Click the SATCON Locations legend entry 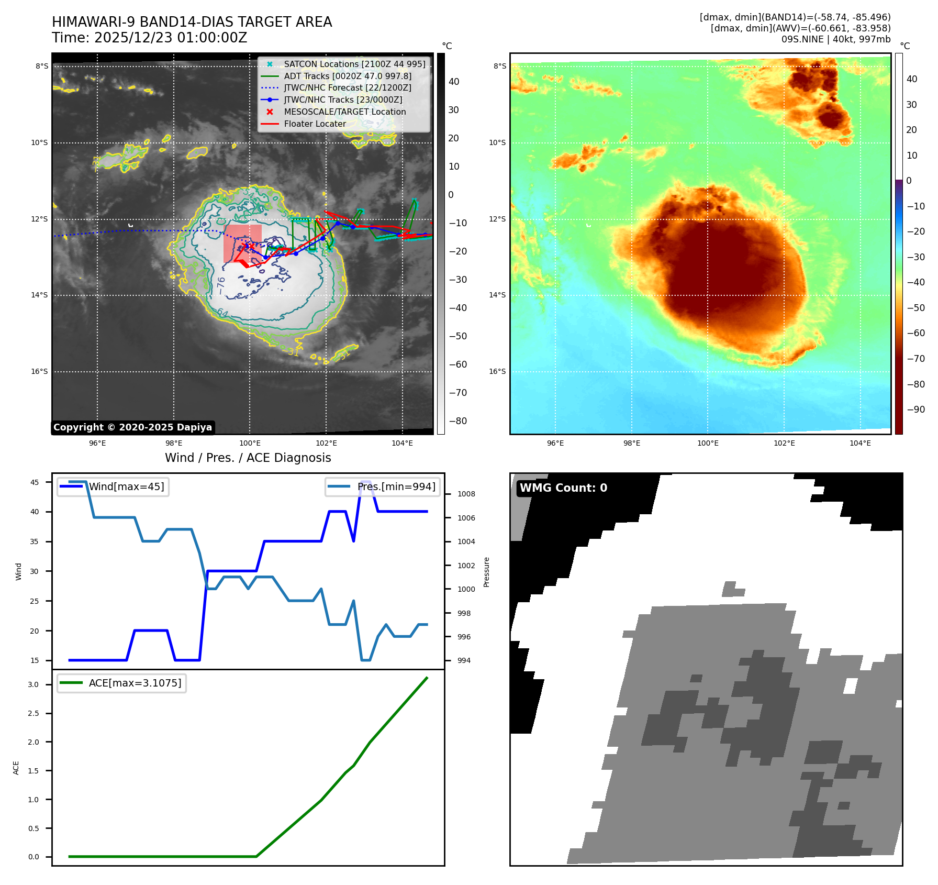coord(354,64)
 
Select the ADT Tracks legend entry coord(348,76)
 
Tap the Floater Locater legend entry coord(315,124)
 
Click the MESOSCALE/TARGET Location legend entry coord(344,112)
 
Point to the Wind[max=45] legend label coord(126,486)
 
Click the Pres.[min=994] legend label coord(396,486)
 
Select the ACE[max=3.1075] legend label coord(135,683)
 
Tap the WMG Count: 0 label coord(563,488)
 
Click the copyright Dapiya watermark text coord(132,427)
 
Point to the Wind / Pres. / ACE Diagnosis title coord(248,458)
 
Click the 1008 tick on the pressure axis coord(466,494)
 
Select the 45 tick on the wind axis coord(35,482)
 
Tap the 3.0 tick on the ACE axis coord(33,684)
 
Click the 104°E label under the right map coord(860,443)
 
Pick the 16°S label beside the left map coord(39,371)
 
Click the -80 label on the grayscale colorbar coord(458,421)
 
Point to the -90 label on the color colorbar coord(916,409)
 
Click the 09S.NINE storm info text coord(835,39)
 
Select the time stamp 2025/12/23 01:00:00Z coord(170,38)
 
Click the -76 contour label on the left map coord(221,285)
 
